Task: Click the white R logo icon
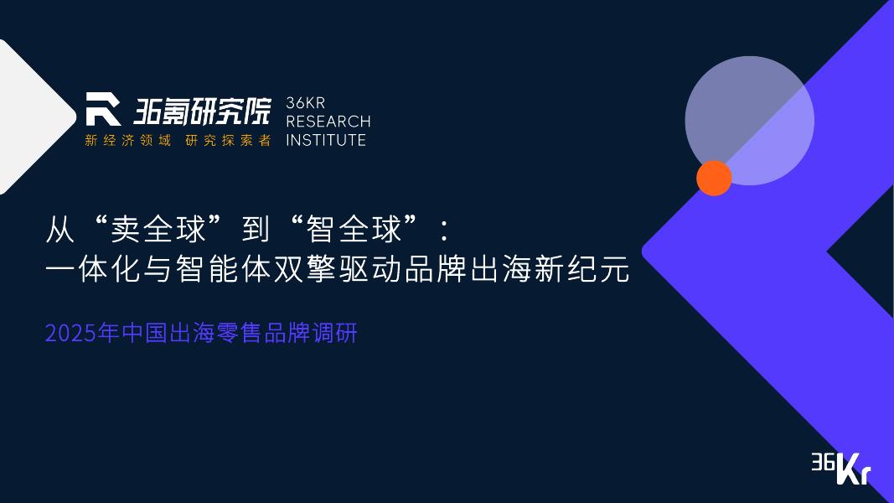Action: tap(103, 109)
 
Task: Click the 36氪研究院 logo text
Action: tap(202, 110)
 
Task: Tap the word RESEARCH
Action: tap(328, 122)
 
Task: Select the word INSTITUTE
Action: tap(326, 140)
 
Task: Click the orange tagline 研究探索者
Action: tap(228, 140)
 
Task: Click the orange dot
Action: tap(714, 178)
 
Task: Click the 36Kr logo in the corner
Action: tap(840, 468)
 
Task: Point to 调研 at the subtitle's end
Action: tap(338, 333)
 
